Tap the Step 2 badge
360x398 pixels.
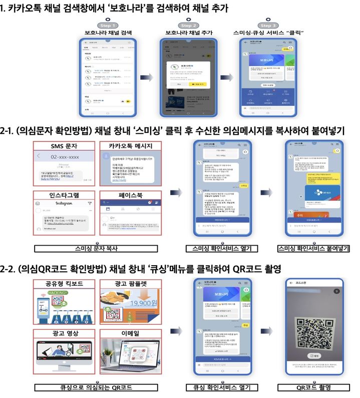coord(188,26)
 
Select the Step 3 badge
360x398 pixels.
coord(268,26)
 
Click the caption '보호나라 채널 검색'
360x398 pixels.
coord(108,33)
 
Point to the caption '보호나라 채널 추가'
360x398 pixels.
coord(188,33)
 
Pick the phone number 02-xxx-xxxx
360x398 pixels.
coord(65,156)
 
